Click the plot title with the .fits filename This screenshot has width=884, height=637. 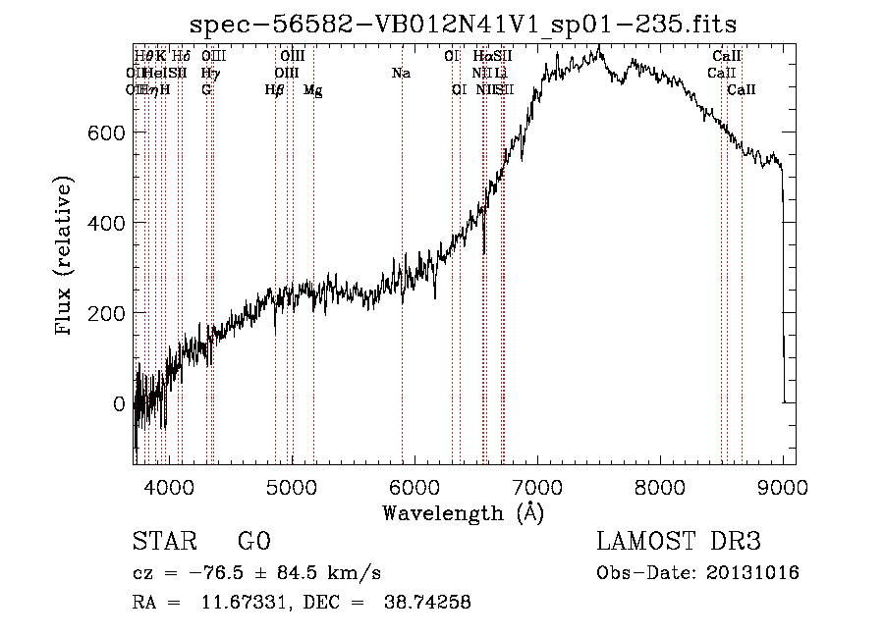[x=463, y=24]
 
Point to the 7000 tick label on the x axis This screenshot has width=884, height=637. [x=536, y=485]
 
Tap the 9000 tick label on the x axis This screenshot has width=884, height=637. [x=783, y=485]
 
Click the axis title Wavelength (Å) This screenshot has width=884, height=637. [x=463, y=512]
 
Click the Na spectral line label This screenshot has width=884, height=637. [x=401, y=73]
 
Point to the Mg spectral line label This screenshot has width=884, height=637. [x=312, y=90]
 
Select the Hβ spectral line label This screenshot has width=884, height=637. [x=274, y=90]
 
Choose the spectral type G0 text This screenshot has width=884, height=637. [x=253, y=543]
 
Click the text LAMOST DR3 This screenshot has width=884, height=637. [x=679, y=543]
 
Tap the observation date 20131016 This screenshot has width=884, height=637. [x=757, y=573]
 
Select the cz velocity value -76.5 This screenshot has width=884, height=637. [x=205, y=573]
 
